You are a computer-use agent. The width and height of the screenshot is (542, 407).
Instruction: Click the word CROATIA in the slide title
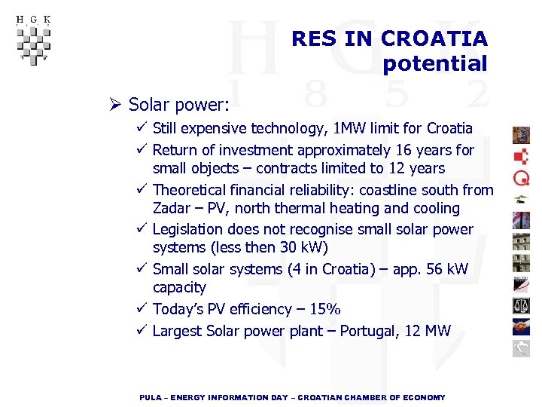pos(434,38)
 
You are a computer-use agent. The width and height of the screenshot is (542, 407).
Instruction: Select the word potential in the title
pos(435,64)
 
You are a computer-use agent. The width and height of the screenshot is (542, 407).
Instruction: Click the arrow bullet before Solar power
pos(115,104)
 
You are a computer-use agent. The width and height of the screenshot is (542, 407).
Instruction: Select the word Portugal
pos(373,331)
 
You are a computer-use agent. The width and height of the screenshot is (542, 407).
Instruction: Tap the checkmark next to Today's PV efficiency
pos(142,309)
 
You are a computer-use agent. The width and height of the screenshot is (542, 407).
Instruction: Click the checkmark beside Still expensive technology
pos(142,128)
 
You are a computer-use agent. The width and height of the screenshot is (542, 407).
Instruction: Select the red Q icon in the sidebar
pos(522,178)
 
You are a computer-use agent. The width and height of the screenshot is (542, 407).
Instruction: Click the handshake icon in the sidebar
pos(522,326)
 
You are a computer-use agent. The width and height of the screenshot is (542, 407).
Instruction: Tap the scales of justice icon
pos(522,304)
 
